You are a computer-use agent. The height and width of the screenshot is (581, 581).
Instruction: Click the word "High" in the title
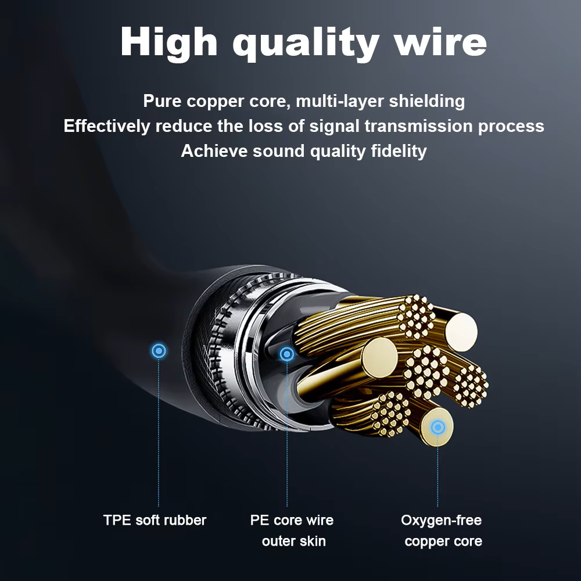(x=168, y=42)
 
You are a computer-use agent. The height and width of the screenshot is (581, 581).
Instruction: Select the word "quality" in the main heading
(x=306, y=44)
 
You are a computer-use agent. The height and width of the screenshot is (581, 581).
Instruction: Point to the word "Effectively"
(x=107, y=126)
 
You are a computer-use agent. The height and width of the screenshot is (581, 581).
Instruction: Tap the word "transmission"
(x=418, y=126)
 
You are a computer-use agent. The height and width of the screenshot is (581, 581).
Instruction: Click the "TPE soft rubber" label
(x=155, y=520)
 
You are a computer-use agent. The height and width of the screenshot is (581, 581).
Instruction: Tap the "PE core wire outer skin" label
(x=292, y=530)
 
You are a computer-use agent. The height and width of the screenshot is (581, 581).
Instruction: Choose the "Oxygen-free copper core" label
(x=442, y=530)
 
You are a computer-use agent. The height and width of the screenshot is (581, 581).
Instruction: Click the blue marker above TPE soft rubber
(x=159, y=350)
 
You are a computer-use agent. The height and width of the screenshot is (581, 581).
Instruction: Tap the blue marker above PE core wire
(x=287, y=354)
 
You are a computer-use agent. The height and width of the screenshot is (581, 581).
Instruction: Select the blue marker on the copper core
(x=437, y=427)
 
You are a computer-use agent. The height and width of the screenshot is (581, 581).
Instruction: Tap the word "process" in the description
(x=511, y=127)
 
